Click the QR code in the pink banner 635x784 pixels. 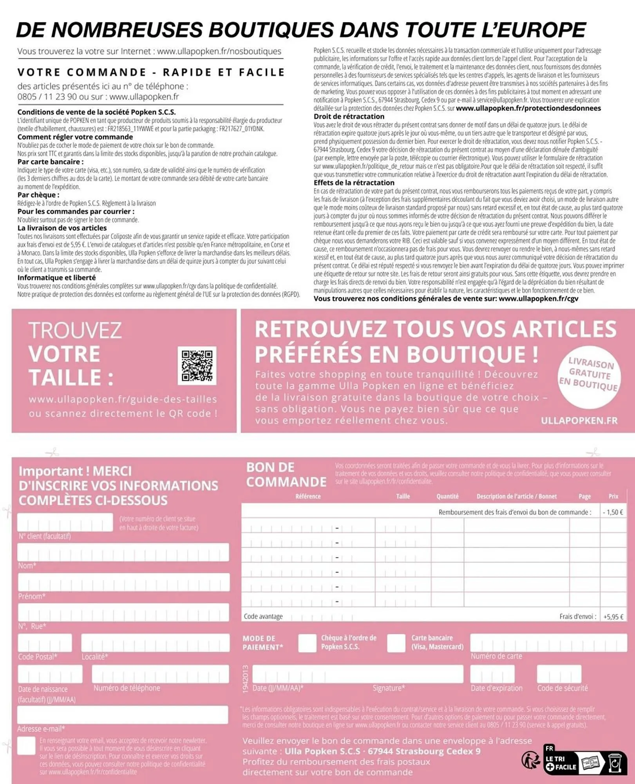(197, 365)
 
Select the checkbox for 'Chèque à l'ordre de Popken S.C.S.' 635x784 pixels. (307, 643)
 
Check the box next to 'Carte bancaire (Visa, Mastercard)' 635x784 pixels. (396, 643)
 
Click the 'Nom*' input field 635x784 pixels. (123, 552)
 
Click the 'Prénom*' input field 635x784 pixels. (123, 582)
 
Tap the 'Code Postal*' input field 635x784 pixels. (45, 643)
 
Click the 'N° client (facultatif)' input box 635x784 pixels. (65, 523)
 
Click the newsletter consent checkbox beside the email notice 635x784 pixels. (27, 745)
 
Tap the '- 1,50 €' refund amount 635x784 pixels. (613, 512)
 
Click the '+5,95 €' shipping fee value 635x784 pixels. (613, 617)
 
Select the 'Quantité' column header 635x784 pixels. (447, 496)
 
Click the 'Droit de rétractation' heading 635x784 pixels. (349, 116)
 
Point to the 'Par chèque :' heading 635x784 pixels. (38, 195)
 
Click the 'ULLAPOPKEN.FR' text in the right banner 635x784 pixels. (579, 421)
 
